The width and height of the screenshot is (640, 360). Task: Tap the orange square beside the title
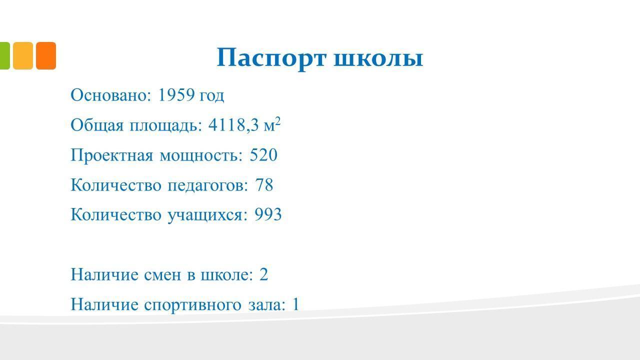click(46, 55)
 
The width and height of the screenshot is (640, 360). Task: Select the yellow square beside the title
click(23, 55)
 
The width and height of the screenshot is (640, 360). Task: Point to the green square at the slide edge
click(5, 55)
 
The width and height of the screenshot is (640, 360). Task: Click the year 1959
click(176, 95)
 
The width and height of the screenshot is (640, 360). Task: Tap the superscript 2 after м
click(277, 121)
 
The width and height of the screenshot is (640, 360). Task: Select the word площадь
click(165, 125)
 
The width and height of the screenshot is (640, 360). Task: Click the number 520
click(263, 155)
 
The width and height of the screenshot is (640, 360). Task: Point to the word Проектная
click(111, 155)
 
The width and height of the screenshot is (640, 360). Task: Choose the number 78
click(264, 185)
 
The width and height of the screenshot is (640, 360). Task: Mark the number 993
click(268, 214)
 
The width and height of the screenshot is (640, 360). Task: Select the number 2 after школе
click(263, 274)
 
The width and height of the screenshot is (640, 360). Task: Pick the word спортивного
click(193, 305)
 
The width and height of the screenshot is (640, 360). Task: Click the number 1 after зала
click(295, 304)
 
